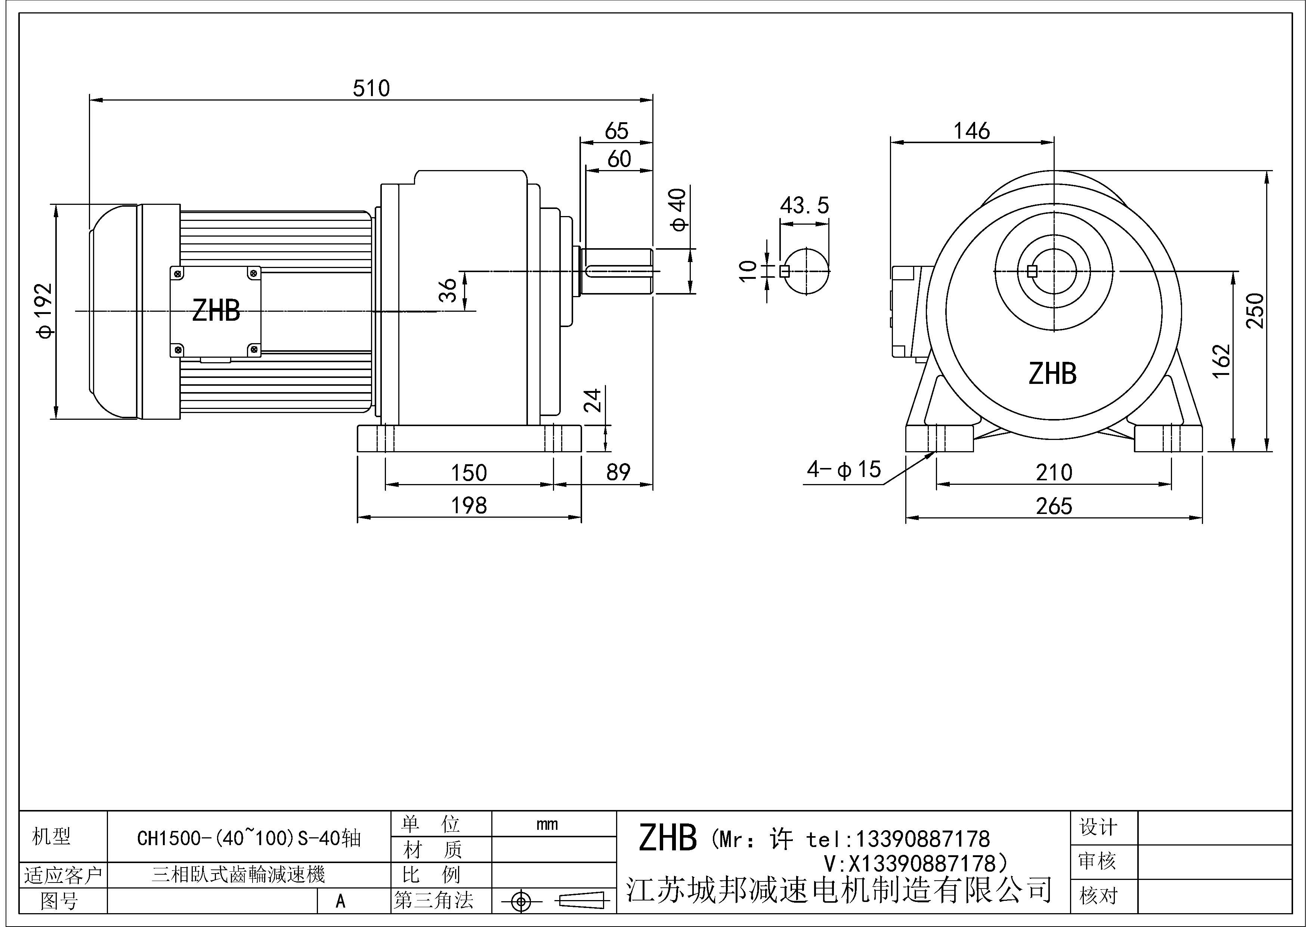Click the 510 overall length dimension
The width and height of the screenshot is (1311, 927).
371,89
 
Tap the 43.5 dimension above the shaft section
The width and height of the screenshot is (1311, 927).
804,206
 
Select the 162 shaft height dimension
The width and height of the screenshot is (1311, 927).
1221,361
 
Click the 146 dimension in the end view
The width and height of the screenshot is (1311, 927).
971,131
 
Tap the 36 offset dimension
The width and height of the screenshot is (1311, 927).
448,290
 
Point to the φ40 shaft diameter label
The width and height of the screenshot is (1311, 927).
678,210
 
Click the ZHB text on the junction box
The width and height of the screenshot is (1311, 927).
216,311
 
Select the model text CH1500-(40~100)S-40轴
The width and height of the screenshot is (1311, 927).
249,838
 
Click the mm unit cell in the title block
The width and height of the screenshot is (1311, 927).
547,824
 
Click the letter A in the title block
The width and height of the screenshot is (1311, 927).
340,901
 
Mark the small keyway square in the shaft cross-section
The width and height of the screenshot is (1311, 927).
785,272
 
